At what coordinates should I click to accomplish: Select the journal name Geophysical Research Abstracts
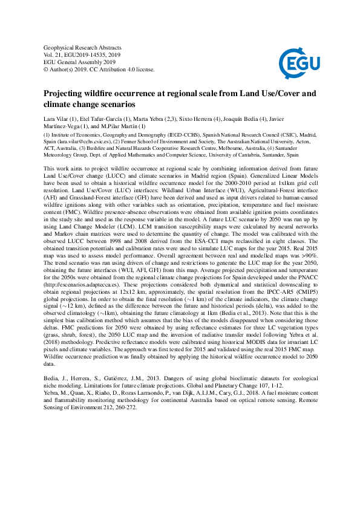point(83,48)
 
